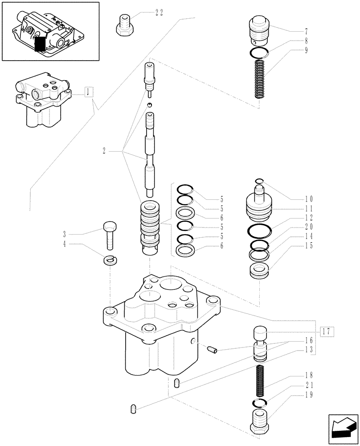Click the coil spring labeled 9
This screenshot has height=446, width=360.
[259, 79]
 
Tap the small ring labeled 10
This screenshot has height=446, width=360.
[259, 181]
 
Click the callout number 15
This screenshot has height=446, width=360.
[308, 246]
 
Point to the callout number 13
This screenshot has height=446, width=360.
[308, 349]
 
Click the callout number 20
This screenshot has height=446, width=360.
[308, 227]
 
